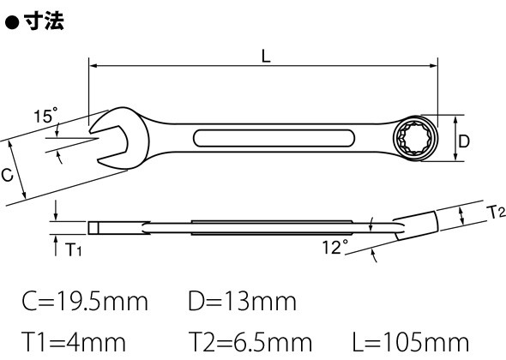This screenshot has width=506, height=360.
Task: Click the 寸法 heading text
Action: click(44, 21)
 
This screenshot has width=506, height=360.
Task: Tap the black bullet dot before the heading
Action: click(13, 23)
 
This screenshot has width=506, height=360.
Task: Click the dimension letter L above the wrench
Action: click(266, 56)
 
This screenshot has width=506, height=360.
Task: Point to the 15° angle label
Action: click(45, 115)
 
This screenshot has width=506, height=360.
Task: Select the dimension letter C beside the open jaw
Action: click(7, 175)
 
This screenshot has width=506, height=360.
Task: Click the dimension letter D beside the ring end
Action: click(464, 141)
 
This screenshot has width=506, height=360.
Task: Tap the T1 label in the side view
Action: click(74, 249)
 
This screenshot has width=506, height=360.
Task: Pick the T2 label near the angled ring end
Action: click(496, 212)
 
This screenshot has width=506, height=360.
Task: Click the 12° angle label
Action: click(335, 247)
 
